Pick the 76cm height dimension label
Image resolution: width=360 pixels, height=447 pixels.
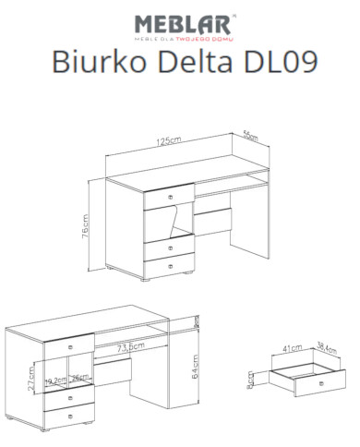(87, 224)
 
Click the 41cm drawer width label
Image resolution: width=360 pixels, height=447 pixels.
(293, 349)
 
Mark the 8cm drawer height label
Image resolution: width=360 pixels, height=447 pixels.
(262, 381)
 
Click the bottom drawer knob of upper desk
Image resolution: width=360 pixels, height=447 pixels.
(169, 267)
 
